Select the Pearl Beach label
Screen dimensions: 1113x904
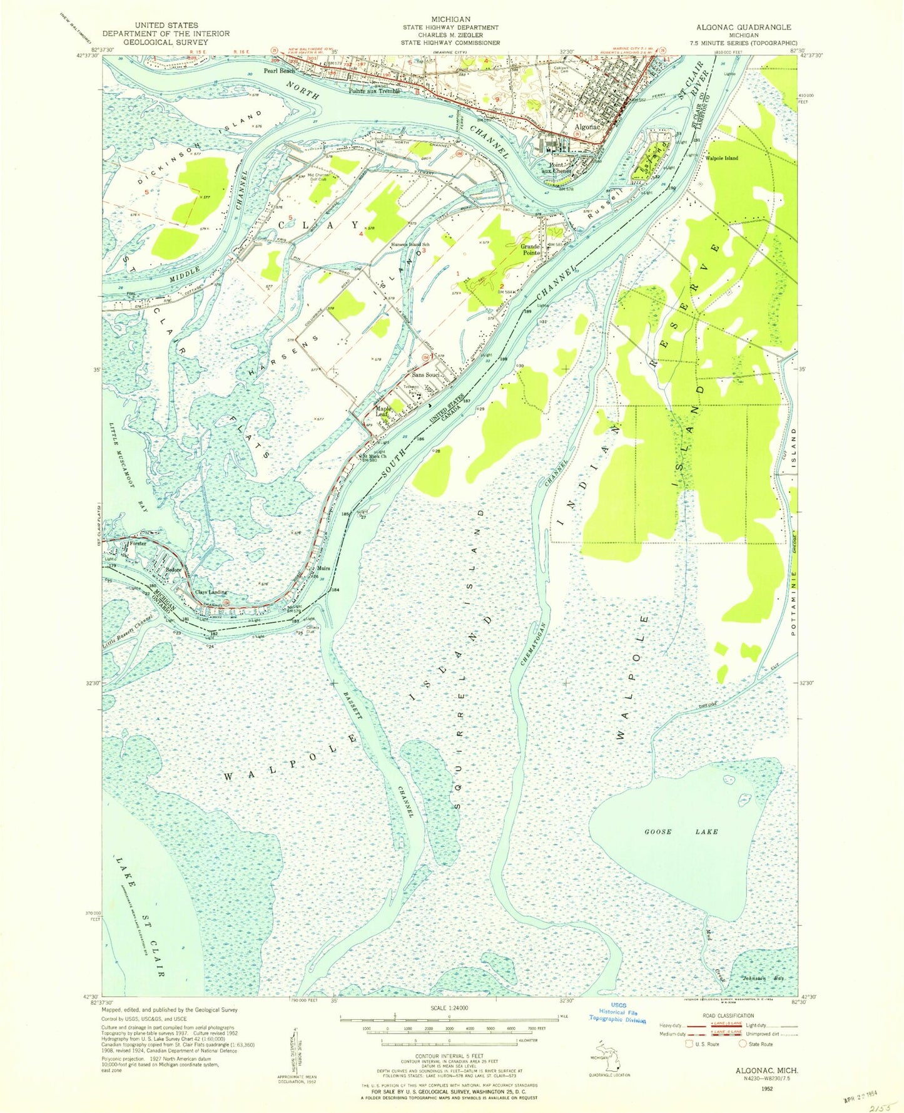click(279, 71)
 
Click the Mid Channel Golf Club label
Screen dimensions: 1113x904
click(317, 177)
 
